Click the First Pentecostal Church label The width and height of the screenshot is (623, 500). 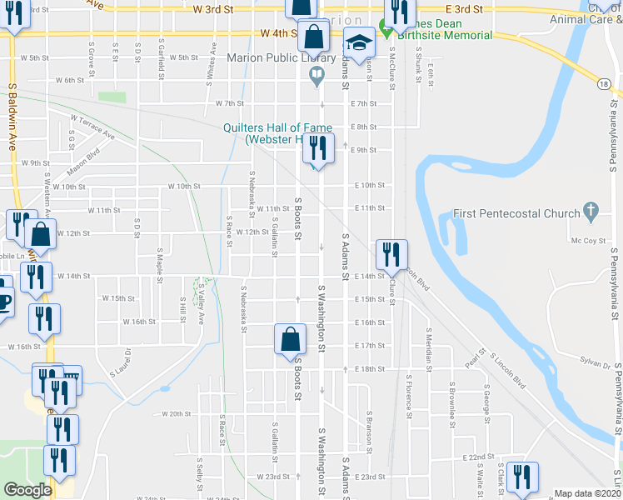pos(516,213)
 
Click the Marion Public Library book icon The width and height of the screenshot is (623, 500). pos(316,77)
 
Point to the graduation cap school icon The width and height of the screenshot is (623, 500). pos(359,42)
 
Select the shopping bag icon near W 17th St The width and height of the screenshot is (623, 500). pos(289,339)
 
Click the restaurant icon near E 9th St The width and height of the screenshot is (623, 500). pos(317,148)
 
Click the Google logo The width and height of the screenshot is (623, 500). pos(27,491)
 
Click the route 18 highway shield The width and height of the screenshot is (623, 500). pos(603,82)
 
